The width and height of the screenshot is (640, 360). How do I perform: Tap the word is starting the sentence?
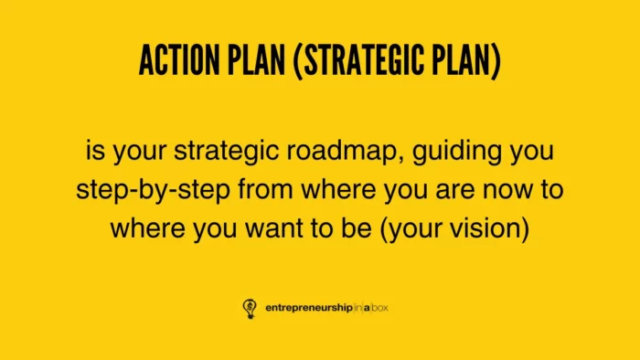(96, 150)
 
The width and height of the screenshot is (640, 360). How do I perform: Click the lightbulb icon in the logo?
(250, 307)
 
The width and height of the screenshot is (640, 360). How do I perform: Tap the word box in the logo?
(388, 308)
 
